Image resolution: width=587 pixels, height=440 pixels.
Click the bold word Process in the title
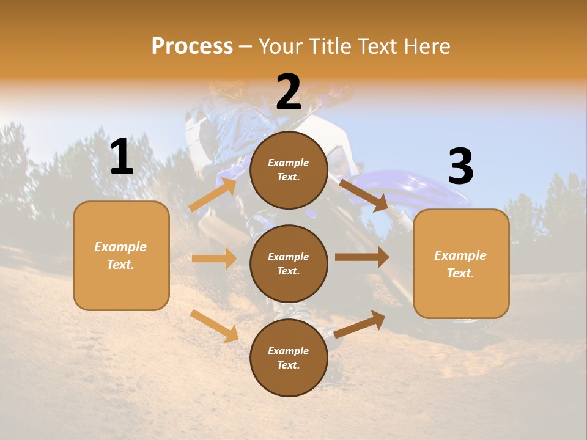tap(192, 46)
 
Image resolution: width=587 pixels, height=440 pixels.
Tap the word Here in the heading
tap(426, 46)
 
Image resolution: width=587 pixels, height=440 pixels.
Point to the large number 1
tap(122, 157)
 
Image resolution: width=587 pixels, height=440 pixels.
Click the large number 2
tap(289, 92)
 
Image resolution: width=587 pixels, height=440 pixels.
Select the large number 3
tap(460, 167)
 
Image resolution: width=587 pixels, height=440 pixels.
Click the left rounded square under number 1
tap(121, 255)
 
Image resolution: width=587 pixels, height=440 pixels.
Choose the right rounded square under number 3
tap(461, 263)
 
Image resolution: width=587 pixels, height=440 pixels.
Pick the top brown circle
tap(289, 170)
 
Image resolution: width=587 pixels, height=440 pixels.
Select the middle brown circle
tap(289, 263)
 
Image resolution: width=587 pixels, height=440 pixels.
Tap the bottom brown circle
tap(289, 358)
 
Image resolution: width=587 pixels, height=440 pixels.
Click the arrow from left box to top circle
tap(213, 195)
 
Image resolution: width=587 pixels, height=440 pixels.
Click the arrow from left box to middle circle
tap(214, 258)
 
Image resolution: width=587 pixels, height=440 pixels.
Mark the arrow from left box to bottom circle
tap(215, 326)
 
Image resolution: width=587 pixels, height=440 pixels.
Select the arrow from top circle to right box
tap(364, 195)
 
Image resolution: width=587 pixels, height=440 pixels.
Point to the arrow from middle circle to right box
tap(362, 257)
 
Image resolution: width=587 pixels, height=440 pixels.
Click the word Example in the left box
tap(120, 247)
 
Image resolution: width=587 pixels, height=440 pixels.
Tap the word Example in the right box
tap(460, 255)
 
